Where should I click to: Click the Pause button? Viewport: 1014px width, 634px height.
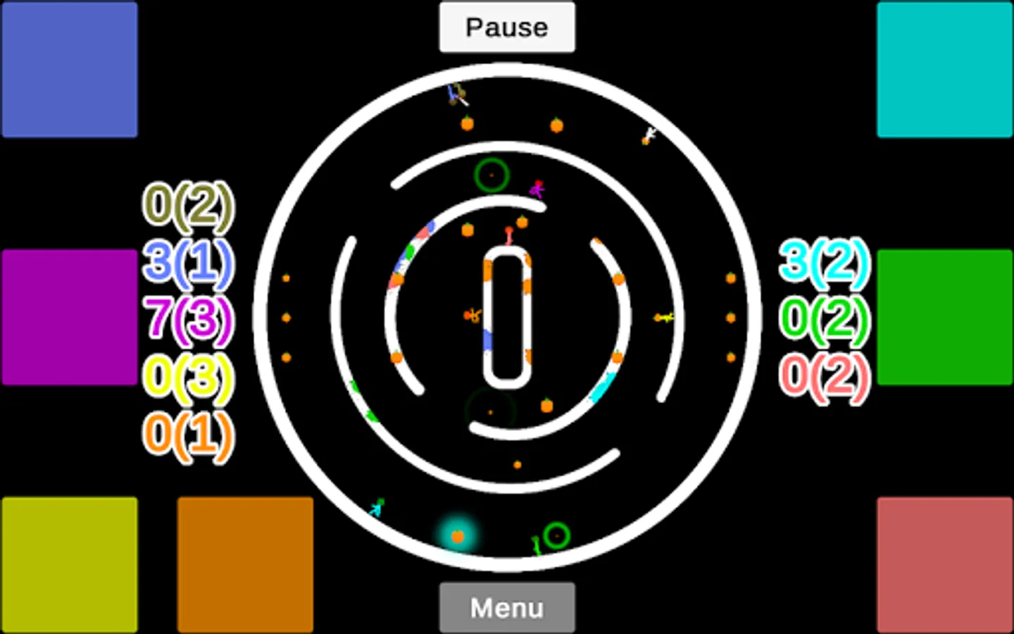pyautogui.click(x=507, y=27)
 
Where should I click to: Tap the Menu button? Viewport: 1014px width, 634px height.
pyautogui.click(x=507, y=607)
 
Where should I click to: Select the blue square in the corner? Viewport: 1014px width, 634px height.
pyautogui.click(x=69, y=69)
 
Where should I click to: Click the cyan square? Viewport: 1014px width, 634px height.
pyautogui.click(x=945, y=69)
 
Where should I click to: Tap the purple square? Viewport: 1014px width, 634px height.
pyautogui.click(x=69, y=317)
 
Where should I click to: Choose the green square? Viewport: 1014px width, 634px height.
pyautogui.click(x=945, y=317)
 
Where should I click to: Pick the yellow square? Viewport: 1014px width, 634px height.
pyautogui.click(x=69, y=565)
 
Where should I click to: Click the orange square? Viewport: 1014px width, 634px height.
pyautogui.click(x=245, y=565)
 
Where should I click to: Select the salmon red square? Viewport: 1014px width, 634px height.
pyautogui.click(x=945, y=565)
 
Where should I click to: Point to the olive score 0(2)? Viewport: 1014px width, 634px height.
pyautogui.click(x=189, y=206)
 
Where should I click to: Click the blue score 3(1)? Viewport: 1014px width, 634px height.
pyautogui.click(x=189, y=262)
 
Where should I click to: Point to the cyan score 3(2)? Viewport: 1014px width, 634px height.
pyautogui.click(x=824, y=262)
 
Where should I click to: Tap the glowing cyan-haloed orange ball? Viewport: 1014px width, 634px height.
pyautogui.click(x=458, y=537)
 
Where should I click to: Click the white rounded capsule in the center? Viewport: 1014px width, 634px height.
pyautogui.click(x=507, y=317)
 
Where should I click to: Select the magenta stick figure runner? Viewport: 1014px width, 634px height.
pyautogui.click(x=537, y=189)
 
